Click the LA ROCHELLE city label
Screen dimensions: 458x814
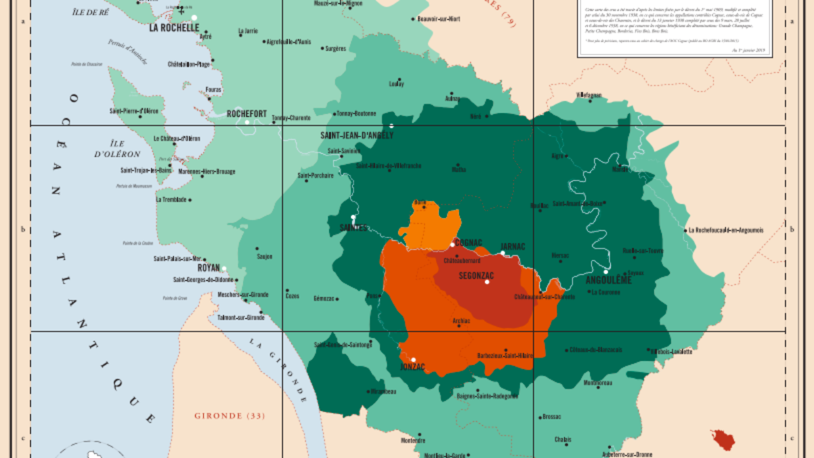click(174, 28)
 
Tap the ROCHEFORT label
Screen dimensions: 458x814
click(246, 114)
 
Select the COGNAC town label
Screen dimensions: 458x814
click(468, 243)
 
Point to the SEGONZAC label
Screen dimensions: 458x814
click(476, 275)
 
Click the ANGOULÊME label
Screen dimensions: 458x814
click(608, 280)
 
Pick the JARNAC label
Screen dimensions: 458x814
click(513, 246)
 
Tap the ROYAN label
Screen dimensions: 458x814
click(209, 268)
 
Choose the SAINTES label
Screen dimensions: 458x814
click(353, 227)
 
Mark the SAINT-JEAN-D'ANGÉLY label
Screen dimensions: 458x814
click(356, 135)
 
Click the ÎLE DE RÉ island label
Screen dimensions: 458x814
click(91, 12)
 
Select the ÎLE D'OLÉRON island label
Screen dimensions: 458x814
click(117, 148)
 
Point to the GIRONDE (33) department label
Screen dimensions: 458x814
click(230, 416)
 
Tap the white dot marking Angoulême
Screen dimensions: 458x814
click(606, 271)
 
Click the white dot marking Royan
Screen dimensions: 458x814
click(224, 268)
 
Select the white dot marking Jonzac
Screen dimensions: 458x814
click(413, 360)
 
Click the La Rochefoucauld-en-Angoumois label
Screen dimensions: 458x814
click(725, 230)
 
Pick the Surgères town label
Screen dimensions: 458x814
click(335, 49)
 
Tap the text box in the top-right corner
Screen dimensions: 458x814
click(672, 28)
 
